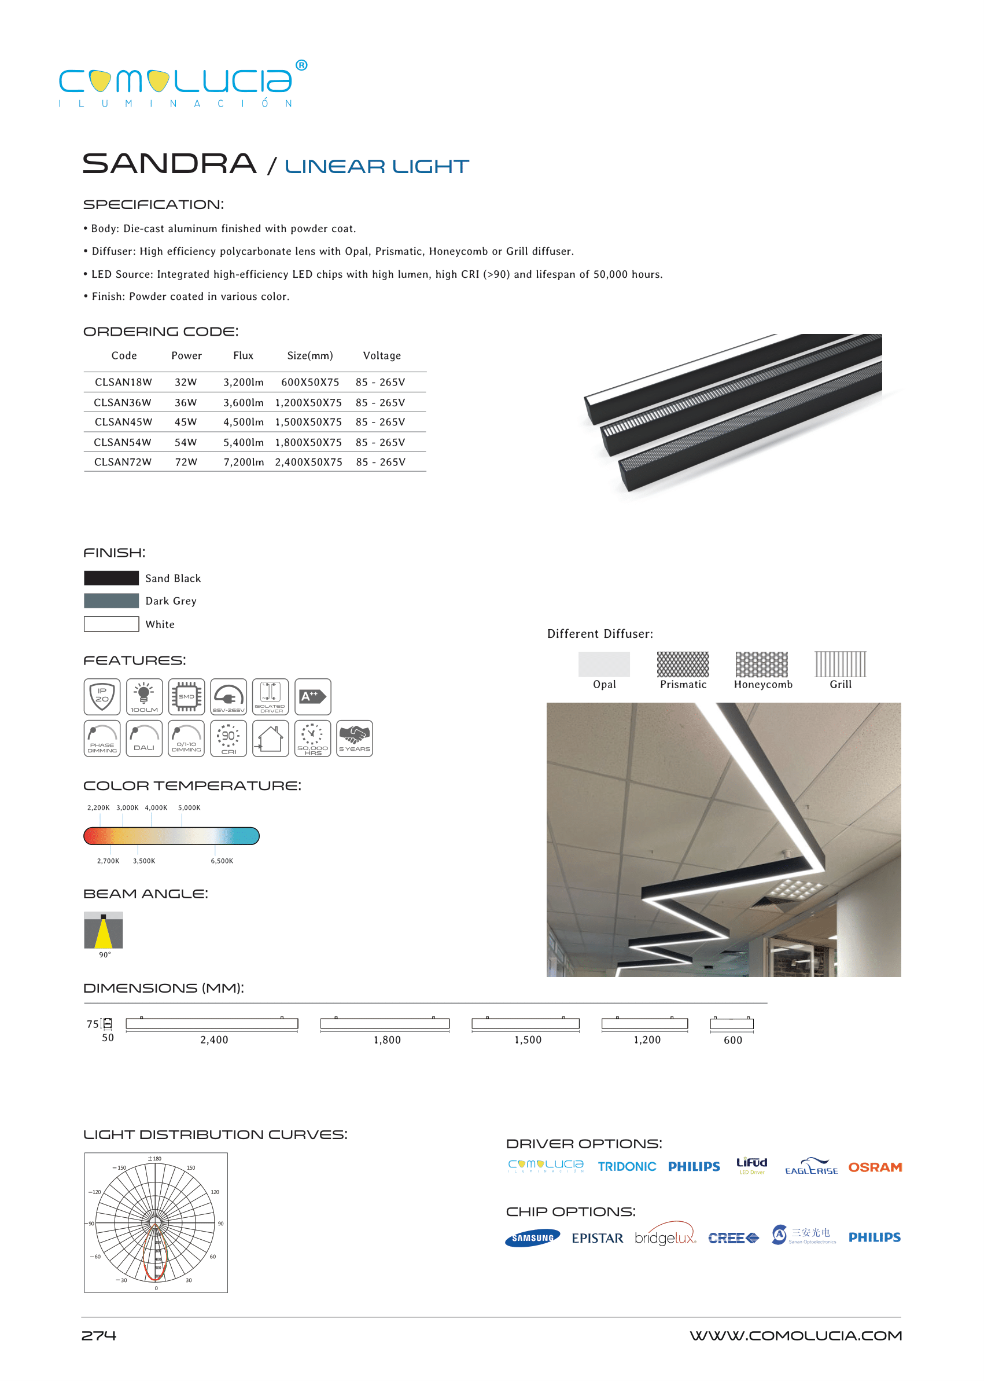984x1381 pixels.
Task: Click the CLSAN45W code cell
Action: point(123,422)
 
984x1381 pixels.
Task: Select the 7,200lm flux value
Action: point(244,462)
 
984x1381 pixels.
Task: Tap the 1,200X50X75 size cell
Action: point(308,402)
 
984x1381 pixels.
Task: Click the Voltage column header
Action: point(382,356)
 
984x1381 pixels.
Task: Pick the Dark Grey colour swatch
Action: point(112,601)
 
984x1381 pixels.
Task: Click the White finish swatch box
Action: point(112,624)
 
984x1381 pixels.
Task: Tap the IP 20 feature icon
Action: point(102,696)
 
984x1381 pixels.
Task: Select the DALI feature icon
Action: point(144,739)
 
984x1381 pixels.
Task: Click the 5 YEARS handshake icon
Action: point(355,739)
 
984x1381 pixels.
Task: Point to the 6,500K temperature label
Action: point(222,861)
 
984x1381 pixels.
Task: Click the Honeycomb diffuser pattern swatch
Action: point(762,664)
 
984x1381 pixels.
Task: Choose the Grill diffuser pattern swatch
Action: point(841,664)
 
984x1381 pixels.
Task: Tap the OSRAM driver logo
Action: point(875,1167)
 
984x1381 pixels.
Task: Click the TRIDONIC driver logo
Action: point(626,1167)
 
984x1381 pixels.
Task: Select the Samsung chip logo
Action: point(533,1238)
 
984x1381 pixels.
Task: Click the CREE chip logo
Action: point(733,1238)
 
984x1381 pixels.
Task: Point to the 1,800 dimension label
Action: point(387,1040)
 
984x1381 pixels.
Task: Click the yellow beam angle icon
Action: point(104,930)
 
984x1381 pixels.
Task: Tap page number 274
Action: point(99,1335)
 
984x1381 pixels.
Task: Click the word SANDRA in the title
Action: point(169,164)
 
